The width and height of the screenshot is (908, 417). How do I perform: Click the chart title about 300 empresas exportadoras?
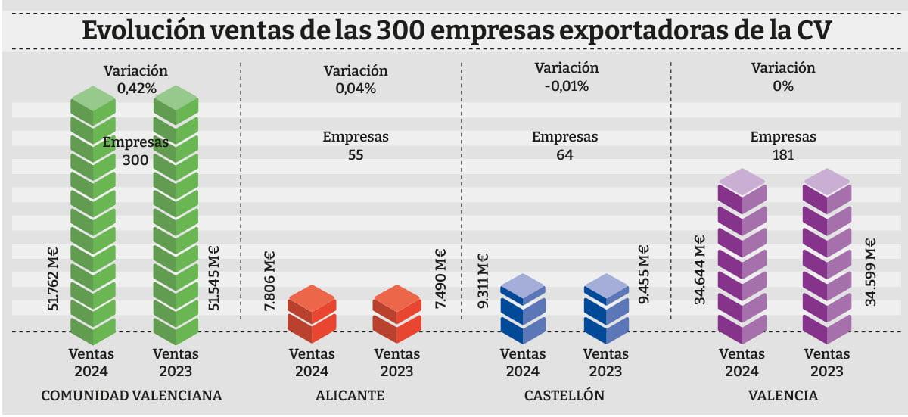click(x=454, y=31)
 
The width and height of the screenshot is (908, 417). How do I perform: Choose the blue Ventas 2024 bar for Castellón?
click(x=522, y=310)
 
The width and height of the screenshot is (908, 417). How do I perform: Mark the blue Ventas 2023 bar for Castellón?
click(x=607, y=310)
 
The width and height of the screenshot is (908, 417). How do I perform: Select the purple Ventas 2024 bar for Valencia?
click(x=742, y=257)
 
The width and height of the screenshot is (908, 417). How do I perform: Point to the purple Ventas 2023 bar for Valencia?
click(x=826, y=257)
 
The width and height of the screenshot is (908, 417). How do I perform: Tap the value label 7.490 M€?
click(x=440, y=279)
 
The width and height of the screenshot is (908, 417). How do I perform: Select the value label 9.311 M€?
click(x=483, y=282)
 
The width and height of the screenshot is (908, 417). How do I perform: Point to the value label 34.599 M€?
click(x=871, y=272)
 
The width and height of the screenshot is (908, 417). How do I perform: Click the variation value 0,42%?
click(x=136, y=89)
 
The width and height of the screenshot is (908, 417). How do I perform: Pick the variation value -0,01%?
click(x=566, y=86)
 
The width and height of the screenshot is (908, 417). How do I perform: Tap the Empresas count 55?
click(x=356, y=155)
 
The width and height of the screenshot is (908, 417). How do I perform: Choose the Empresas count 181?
click(x=783, y=155)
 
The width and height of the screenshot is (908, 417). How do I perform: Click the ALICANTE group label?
click(x=350, y=396)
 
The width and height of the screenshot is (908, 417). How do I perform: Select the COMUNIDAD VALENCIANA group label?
click(x=131, y=396)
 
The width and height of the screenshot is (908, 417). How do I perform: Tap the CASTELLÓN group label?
click(x=564, y=396)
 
